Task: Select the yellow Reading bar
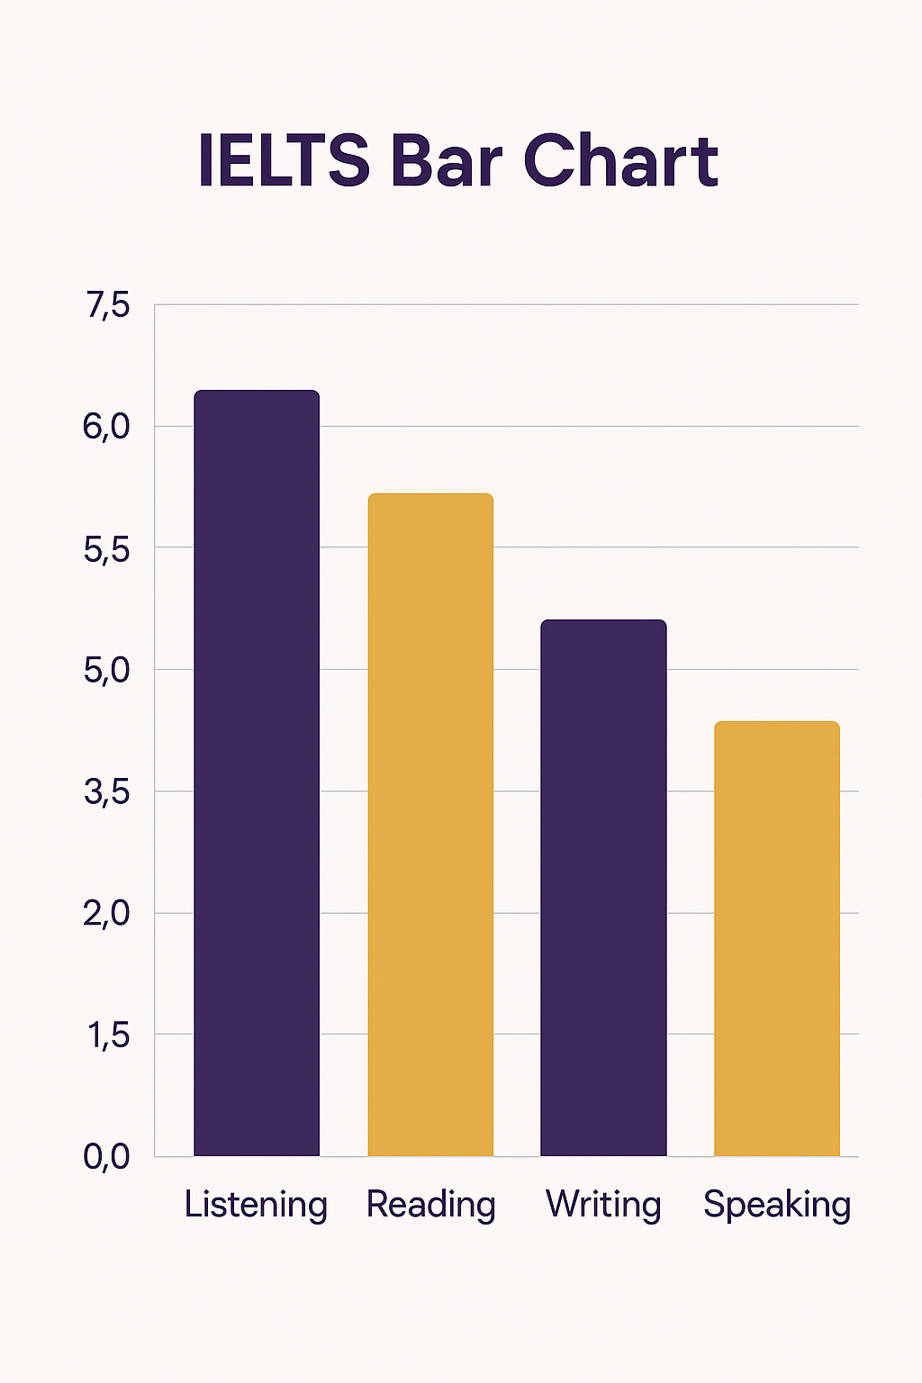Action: (430, 824)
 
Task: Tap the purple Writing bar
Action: (603, 887)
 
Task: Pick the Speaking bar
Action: (776, 938)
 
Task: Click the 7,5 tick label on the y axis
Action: (108, 306)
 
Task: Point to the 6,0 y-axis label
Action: (107, 427)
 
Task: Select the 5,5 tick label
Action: (107, 548)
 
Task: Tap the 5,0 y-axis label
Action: (107, 671)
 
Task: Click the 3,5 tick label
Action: (107, 792)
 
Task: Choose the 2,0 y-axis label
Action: (107, 914)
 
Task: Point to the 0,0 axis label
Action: (107, 1157)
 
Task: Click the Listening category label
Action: (256, 1205)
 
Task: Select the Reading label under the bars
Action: (430, 1205)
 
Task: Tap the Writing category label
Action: (603, 1205)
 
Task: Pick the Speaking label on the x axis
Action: (777, 1205)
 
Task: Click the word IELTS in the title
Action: (284, 162)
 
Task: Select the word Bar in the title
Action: (446, 162)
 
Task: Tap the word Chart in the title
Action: (620, 162)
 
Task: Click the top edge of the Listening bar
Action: (257, 392)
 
